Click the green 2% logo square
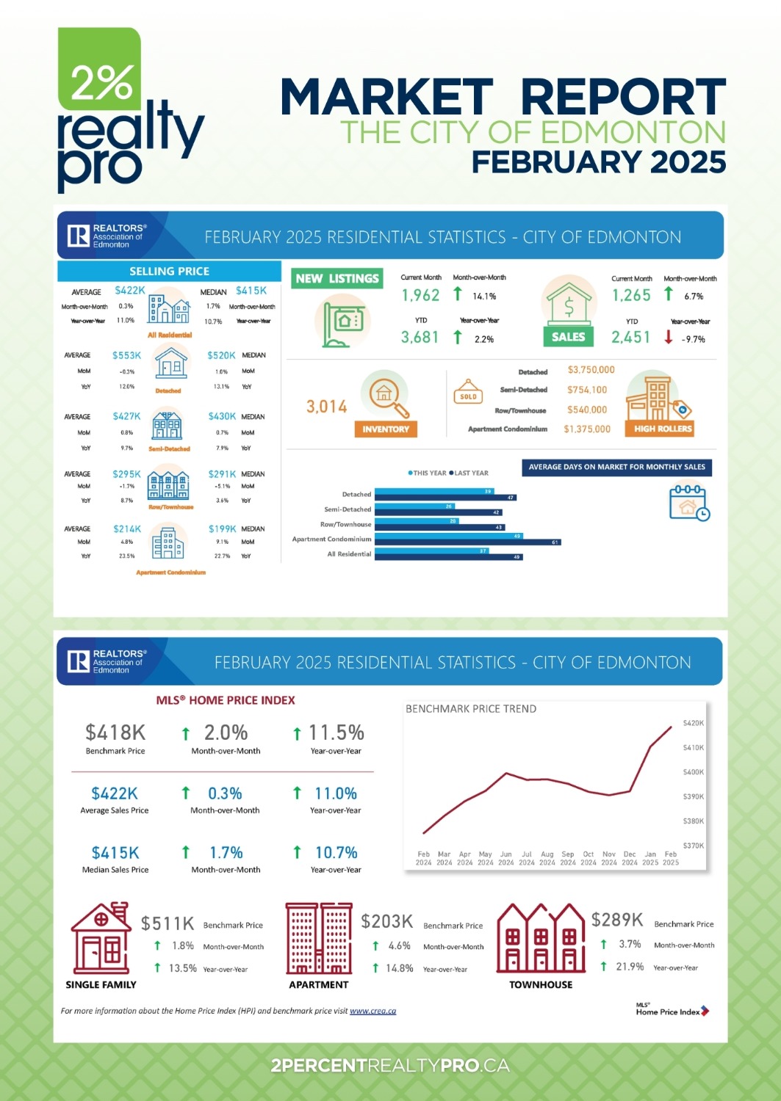pos(99,68)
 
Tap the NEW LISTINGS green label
pos(337,279)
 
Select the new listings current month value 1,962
pos(420,295)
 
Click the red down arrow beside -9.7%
pos(669,337)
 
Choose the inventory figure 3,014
pos(326,407)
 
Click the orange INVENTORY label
pos(385,429)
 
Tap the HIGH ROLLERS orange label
pos(663,429)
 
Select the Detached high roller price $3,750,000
pos(591,370)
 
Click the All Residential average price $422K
pos(130,291)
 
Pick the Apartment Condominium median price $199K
pos(222,528)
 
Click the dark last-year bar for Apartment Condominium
pos(467,542)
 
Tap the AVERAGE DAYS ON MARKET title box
pos(616,467)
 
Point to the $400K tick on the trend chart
pos(693,772)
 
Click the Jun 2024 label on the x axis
pos(506,858)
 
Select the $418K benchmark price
pos(115,733)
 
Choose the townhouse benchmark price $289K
pos(617,920)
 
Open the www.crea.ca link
pos(372,1011)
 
